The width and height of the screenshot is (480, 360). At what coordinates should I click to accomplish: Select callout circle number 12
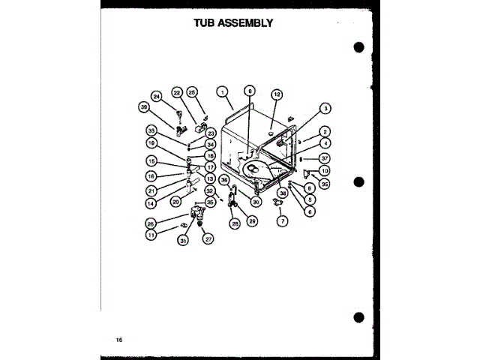(277, 94)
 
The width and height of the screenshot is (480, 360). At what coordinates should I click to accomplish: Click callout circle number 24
(157, 96)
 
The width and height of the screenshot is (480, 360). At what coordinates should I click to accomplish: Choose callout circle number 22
(177, 92)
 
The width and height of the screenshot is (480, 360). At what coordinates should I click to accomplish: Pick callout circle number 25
(192, 91)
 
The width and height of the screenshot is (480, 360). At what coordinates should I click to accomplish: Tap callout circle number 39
(143, 108)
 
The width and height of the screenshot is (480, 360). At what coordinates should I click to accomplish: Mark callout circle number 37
(325, 158)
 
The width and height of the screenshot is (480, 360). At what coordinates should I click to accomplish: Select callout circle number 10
(325, 170)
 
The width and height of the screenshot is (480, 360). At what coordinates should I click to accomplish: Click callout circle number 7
(282, 221)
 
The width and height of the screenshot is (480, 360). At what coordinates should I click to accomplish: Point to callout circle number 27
(208, 239)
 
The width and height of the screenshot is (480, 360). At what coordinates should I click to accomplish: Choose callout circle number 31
(182, 240)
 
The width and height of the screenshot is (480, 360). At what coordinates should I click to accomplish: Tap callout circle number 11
(151, 235)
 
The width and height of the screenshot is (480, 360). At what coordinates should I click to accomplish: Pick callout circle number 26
(151, 223)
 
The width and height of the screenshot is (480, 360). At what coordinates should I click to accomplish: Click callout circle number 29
(252, 220)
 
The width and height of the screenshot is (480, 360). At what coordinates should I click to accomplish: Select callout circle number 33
(151, 130)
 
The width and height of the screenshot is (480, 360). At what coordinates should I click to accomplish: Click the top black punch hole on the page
(358, 47)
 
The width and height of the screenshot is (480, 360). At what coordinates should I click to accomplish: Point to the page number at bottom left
(118, 340)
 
